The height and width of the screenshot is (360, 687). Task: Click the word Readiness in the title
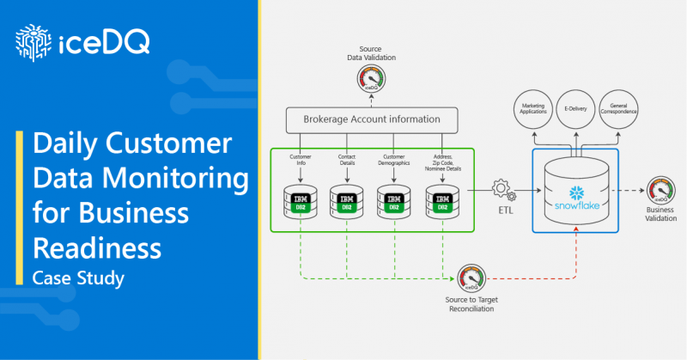pyautogui.click(x=96, y=247)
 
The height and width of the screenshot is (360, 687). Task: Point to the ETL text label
pyautogui.click(x=501, y=210)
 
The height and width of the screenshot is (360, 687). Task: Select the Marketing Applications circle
pyautogui.click(x=532, y=110)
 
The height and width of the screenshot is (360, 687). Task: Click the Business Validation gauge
pyautogui.click(x=660, y=188)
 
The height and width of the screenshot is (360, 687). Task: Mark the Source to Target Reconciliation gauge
pyautogui.click(x=469, y=277)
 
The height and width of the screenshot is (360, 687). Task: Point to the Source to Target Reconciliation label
pyautogui.click(x=469, y=303)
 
